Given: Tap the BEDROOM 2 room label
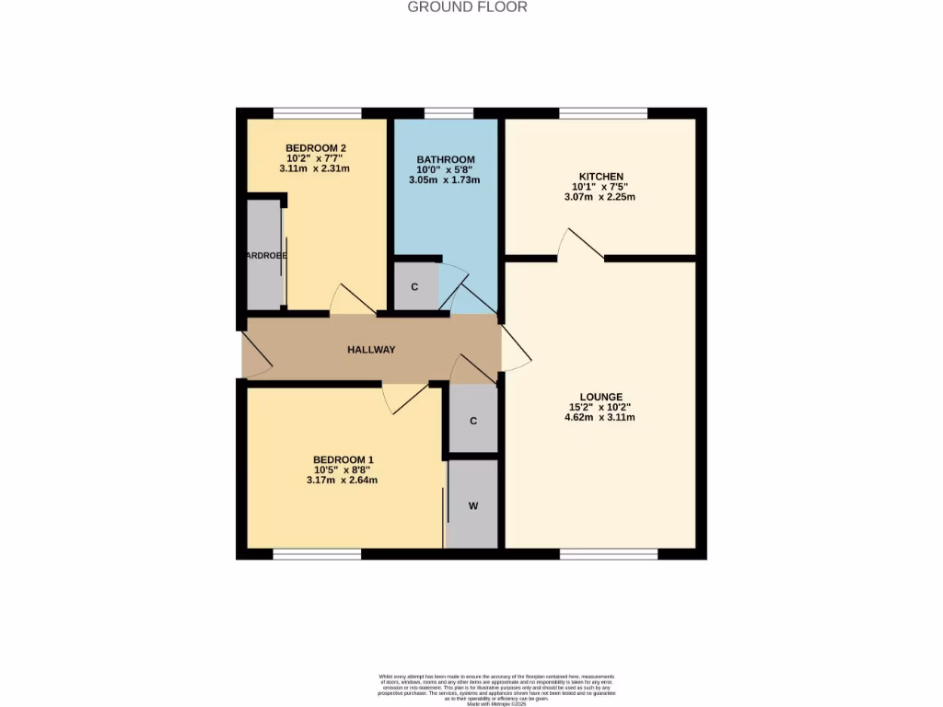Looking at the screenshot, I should (316, 148).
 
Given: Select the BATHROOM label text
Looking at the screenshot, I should (445, 159).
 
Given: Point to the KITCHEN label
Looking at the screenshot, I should (600, 177).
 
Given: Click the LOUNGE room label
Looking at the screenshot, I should (600, 397).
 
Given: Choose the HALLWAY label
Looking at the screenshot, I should (371, 350).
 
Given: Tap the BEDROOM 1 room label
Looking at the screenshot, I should (343, 459).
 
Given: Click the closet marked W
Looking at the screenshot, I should (473, 505).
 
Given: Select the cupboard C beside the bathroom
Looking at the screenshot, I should (414, 287).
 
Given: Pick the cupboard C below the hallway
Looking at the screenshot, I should (473, 421).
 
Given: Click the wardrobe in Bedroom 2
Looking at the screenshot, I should (265, 255).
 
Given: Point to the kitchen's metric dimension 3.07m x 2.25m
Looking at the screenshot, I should (600, 197).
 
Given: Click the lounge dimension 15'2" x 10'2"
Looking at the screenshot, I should (600, 407).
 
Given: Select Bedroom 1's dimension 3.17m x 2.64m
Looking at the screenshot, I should (343, 480).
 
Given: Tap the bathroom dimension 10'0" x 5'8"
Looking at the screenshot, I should (445, 169).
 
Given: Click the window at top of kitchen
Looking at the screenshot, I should (602, 113).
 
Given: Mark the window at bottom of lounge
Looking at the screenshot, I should (609, 554).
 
